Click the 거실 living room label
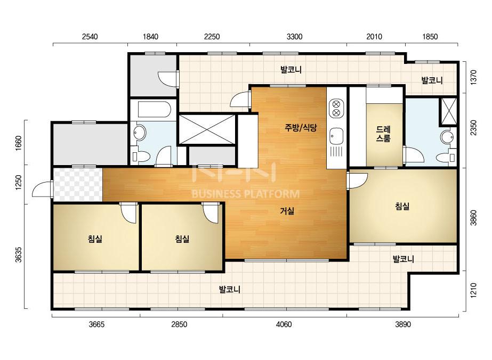tap(287, 211)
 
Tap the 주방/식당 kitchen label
tap(301, 128)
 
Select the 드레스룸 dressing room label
tap(383, 134)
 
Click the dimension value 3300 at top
tap(294, 37)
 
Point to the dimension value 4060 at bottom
tap(284, 324)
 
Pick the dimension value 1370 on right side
tap(473, 77)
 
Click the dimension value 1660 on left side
tap(19, 143)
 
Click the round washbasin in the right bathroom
tap(447, 137)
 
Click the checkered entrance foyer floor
tap(78, 185)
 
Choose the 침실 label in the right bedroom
tap(402, 206)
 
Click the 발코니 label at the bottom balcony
tap(230, 290)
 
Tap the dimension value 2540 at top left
tap(90, 37)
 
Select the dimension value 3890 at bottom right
tap(403, 324)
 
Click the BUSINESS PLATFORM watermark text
tap(246, 194)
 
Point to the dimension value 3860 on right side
tap(473, 218)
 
